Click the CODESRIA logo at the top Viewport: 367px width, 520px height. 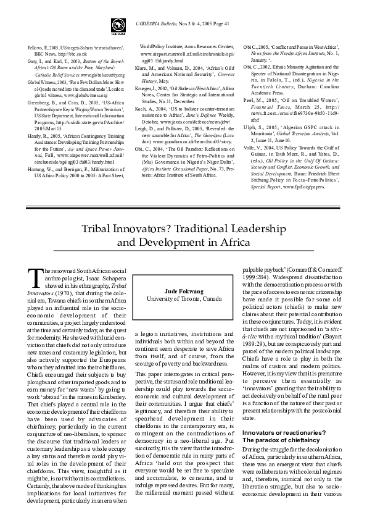(x=116, y=24)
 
